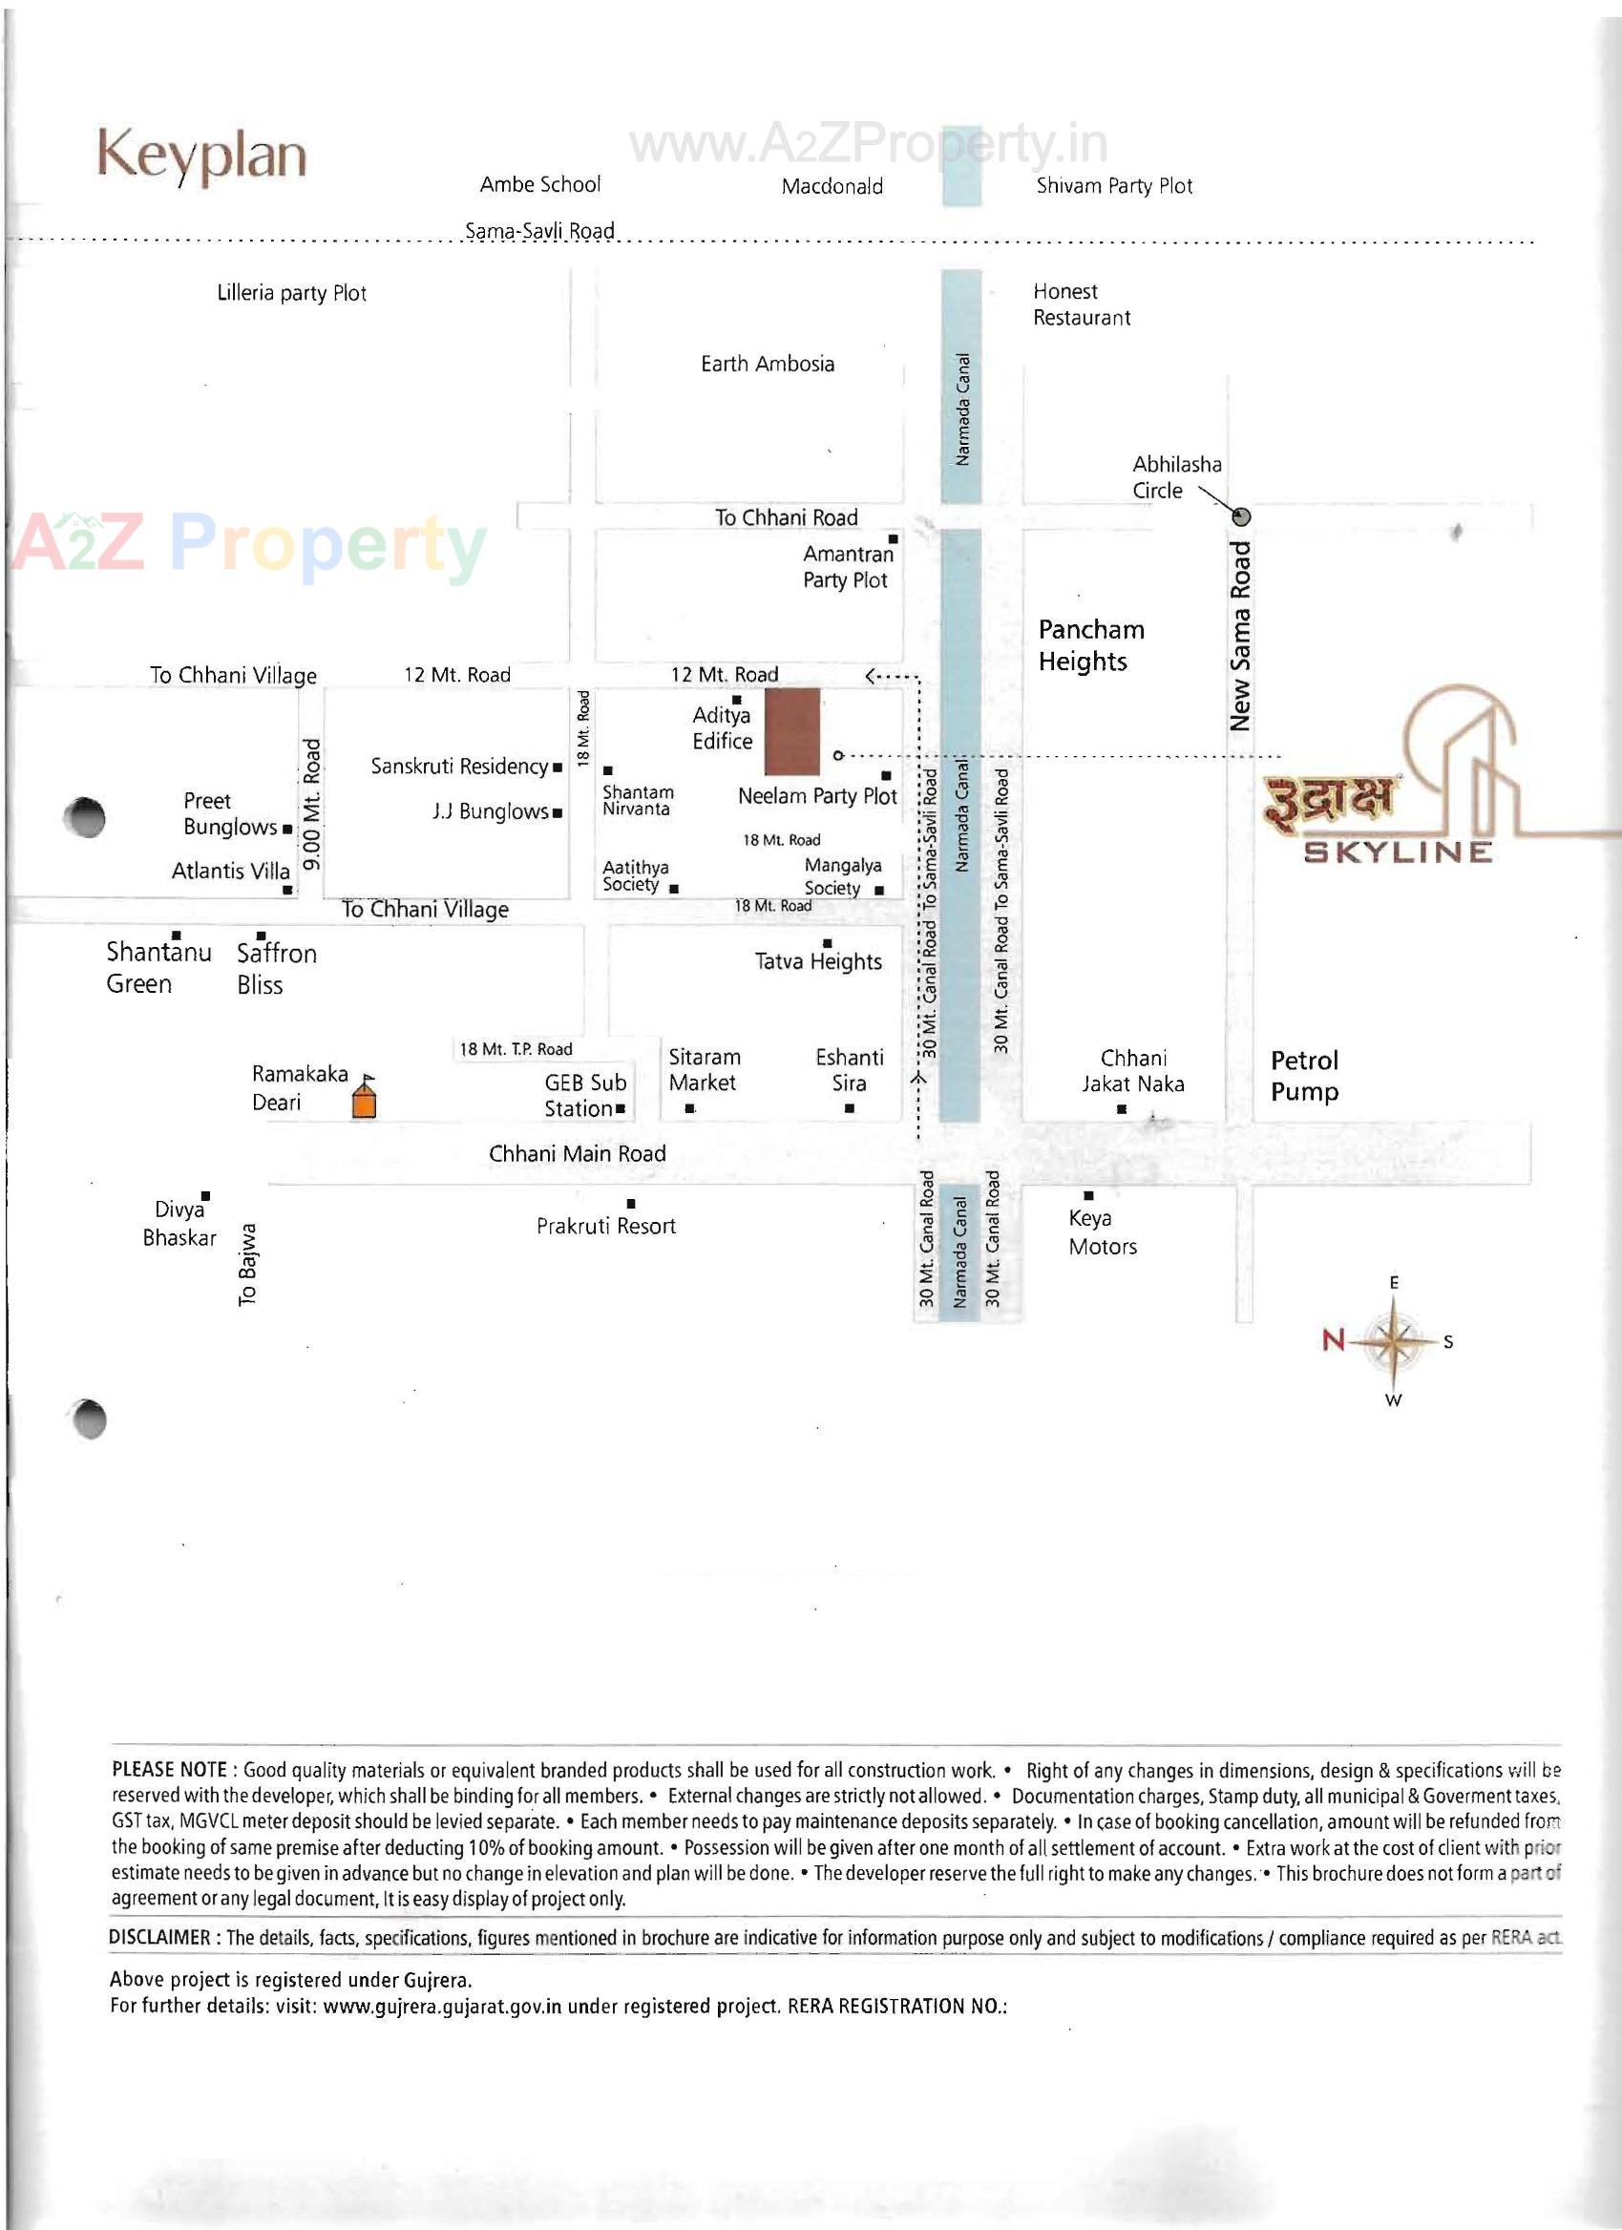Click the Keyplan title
tap(201, 156)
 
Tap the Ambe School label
tap(539, 185)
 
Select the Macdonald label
tap(832, 187)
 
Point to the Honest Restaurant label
tap(1082, 305)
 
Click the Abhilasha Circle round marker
tap(1242, 516)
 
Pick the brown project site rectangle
tap(792, 730)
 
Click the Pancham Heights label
tap(1090, 645)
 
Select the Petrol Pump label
tap(1304, 1076)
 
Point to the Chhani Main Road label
tap(577, 1154)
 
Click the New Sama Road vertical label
tap(1240, 636)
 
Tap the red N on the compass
tap(1333, 1339)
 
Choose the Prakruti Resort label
tap(605, 1226)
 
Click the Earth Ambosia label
tap(767, 364)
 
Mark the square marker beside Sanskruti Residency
tap(558, 767)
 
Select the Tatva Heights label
tap(818, 961)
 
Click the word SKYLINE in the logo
tap(1397, 852)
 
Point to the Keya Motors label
tap(1102, 1232)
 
